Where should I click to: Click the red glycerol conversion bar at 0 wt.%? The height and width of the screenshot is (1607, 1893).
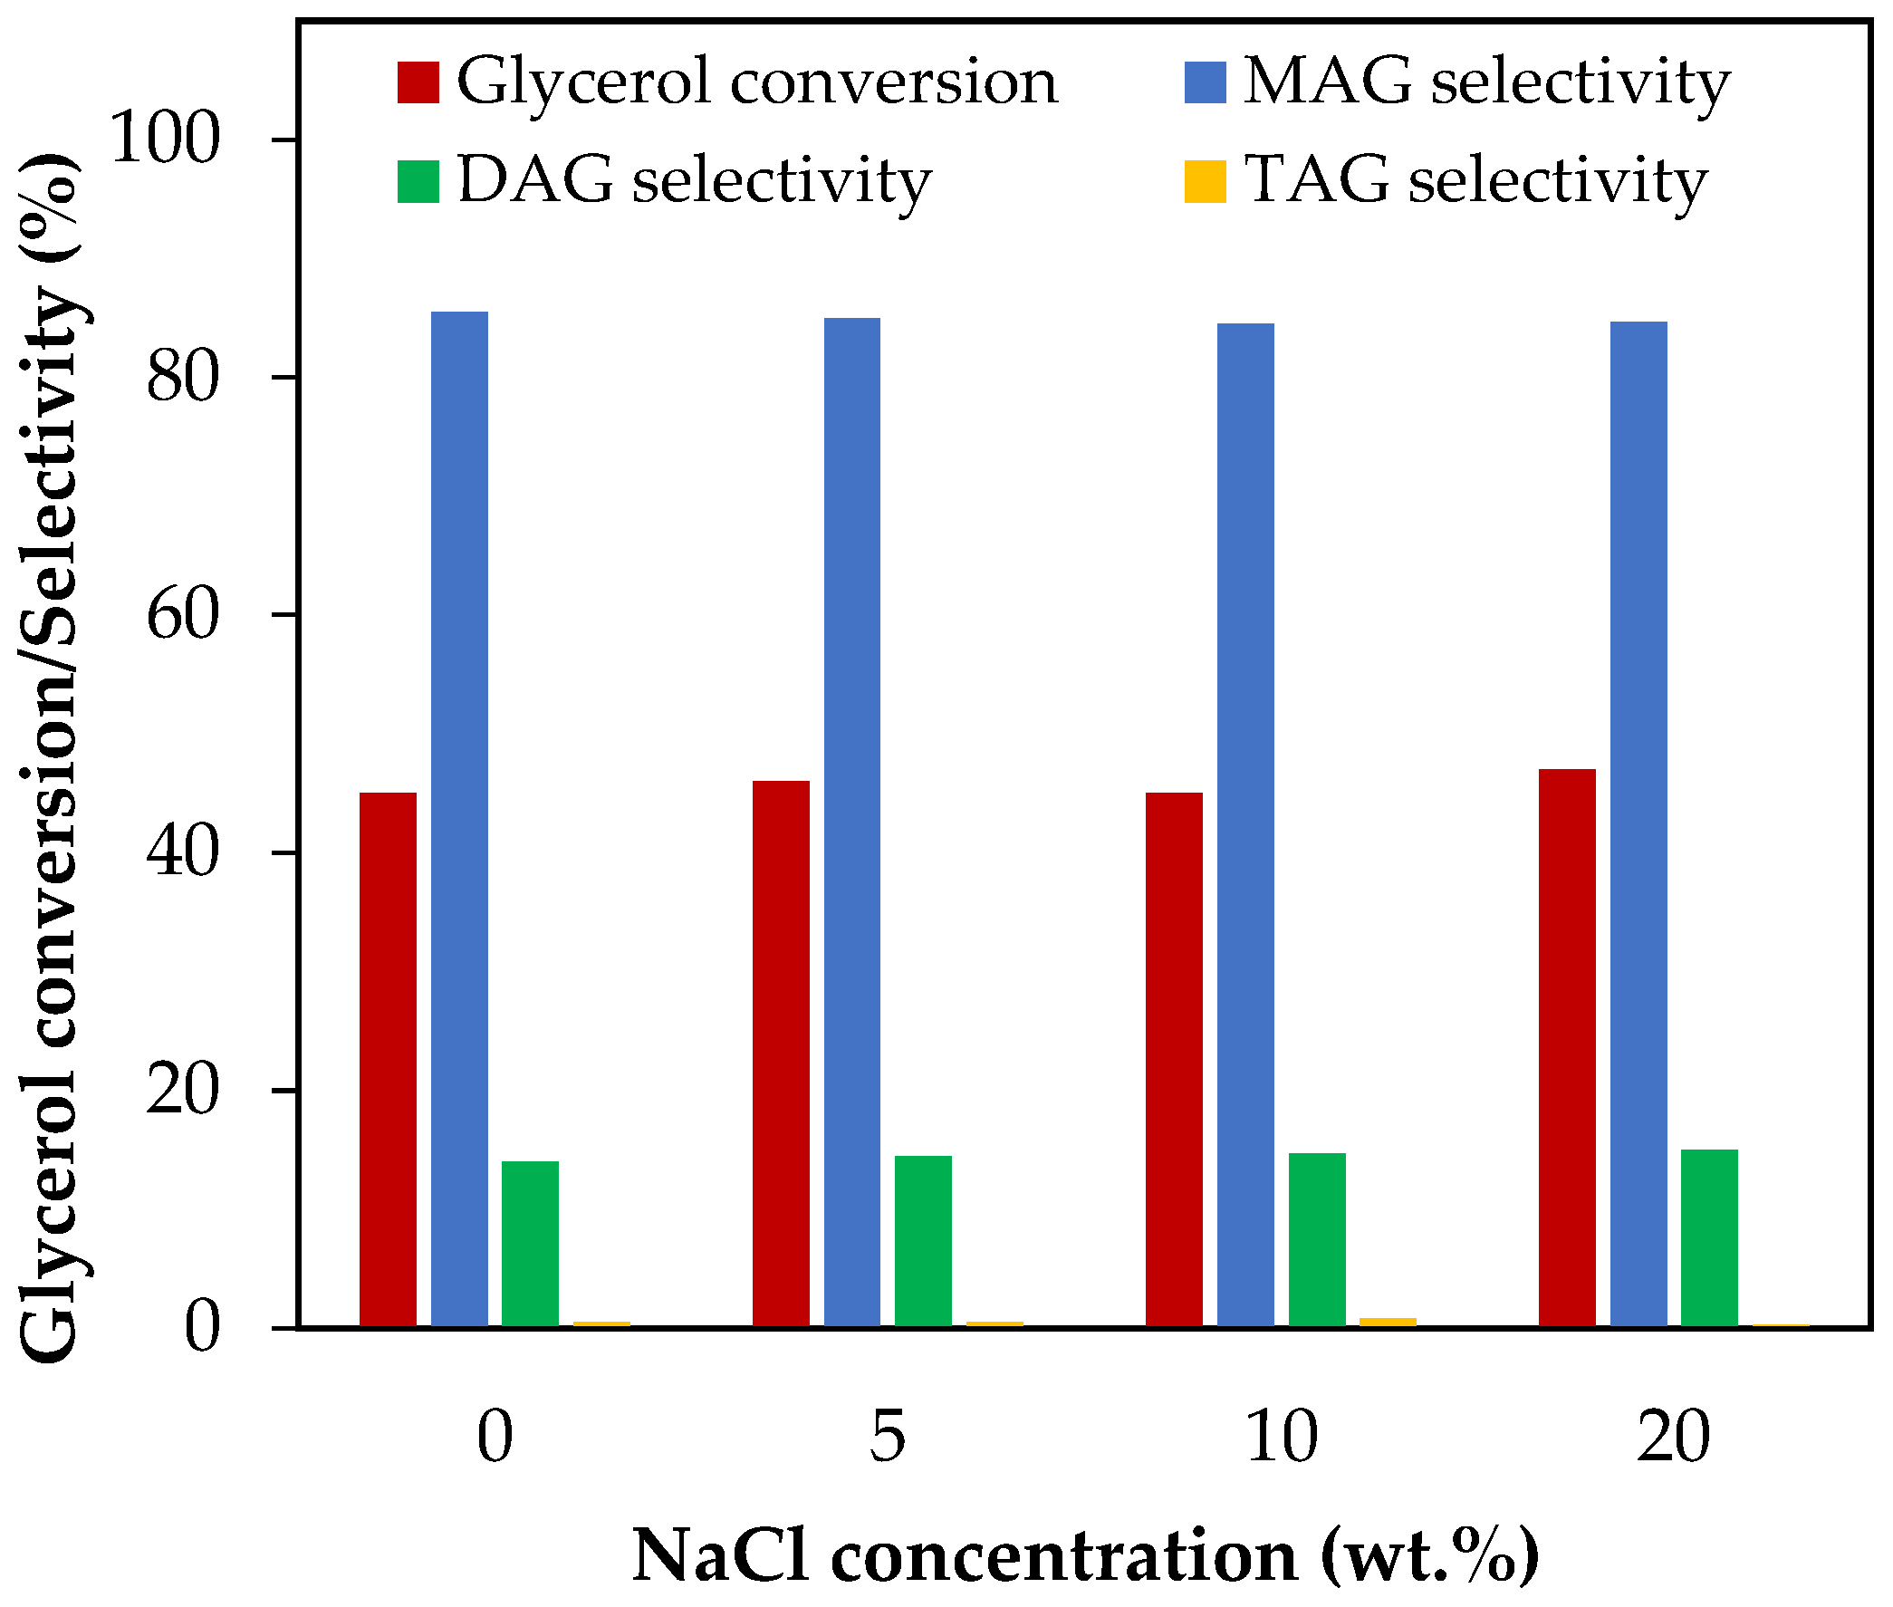388,1060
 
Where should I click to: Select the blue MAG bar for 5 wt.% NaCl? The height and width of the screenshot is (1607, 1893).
851,822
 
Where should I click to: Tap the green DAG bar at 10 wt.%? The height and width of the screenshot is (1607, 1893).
1316,1239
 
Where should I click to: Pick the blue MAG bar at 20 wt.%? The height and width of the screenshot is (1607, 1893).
1638,823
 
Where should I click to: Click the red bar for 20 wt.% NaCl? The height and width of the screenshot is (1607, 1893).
1567,1048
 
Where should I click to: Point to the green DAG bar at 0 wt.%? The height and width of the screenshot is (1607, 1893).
530,1244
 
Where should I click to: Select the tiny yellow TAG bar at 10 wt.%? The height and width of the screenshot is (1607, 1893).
1388,1323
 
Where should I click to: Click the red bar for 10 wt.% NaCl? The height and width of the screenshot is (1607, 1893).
1173,1060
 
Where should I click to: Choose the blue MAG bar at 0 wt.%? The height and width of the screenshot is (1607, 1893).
459,819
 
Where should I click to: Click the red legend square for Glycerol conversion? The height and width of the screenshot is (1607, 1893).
418,82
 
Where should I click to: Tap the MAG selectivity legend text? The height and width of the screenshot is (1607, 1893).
1485,82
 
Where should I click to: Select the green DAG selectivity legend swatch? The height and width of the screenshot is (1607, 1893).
418,181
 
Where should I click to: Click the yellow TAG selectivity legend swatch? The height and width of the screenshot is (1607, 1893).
1205,181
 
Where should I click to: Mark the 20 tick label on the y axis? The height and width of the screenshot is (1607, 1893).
183,1090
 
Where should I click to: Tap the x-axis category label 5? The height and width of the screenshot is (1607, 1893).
888,1437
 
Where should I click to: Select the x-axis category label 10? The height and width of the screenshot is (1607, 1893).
1281,1437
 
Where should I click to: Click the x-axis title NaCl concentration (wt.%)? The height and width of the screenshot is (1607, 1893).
1084,1555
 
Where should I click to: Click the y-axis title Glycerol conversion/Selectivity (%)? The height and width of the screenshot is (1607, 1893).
50,756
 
